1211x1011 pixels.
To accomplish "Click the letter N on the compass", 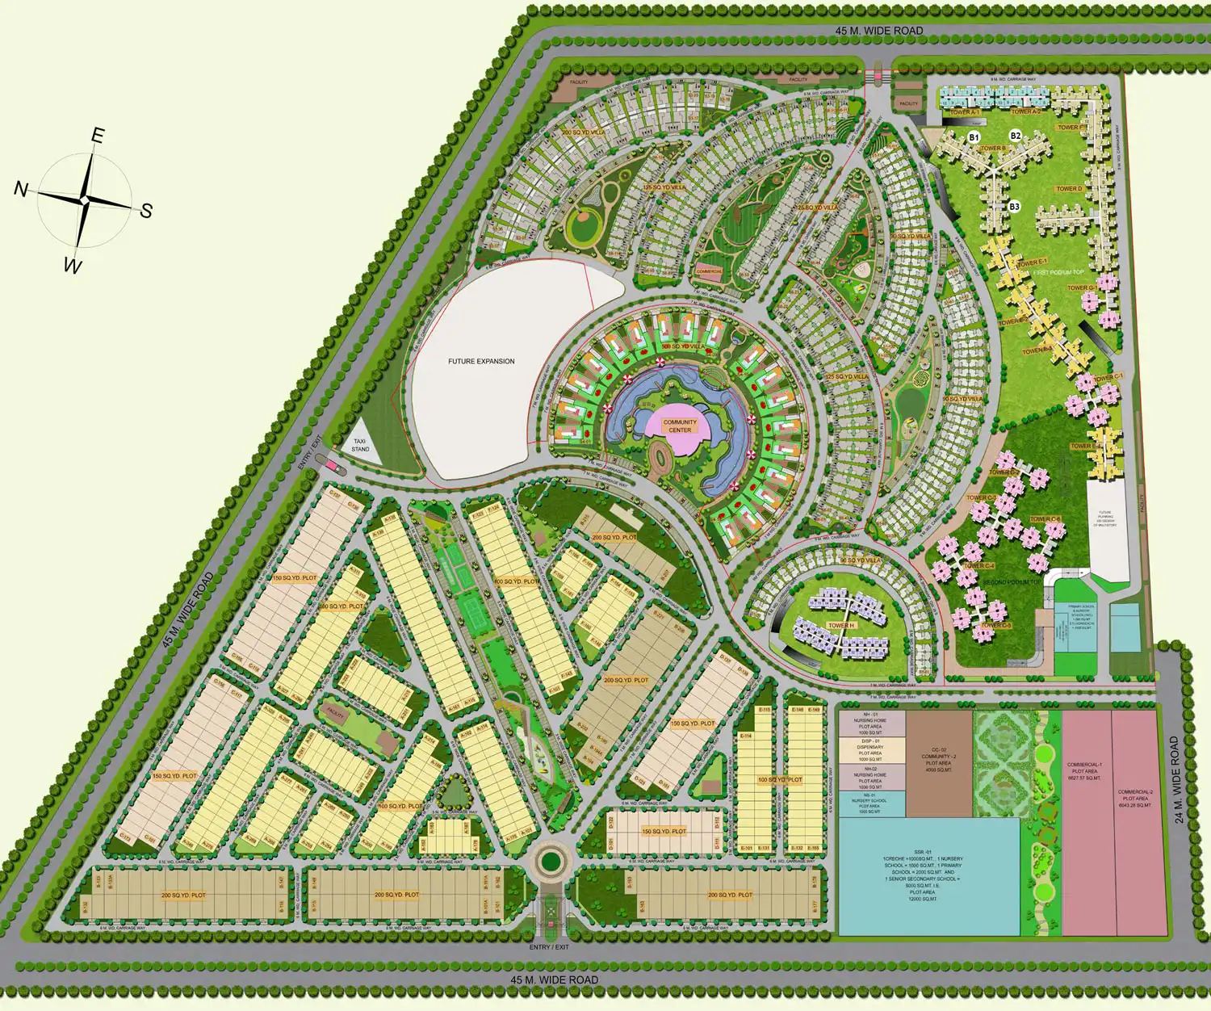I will pos(22,189).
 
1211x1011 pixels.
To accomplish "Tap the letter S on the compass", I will pos(145,211).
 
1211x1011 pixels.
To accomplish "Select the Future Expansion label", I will pos(481,361).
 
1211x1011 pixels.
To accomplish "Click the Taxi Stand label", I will pos(360,445).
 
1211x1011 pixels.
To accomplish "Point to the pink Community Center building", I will pos(680,426).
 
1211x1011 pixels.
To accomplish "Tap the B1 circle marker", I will pos(974,138).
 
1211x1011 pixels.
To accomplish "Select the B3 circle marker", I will pos(1014,207).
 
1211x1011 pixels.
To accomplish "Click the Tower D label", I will pos(1069,189).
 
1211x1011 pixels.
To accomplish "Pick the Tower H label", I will pos(840,626).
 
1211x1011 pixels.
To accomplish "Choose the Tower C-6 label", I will pos(1045,519).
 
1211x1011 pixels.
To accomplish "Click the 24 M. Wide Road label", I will pos(1180,779).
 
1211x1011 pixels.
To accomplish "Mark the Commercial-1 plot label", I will pos(1084,771).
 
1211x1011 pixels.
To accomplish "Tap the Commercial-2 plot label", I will pos(1135,798).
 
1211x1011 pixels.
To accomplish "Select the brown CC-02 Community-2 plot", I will pos(938,761).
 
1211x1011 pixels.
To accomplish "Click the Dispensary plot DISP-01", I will pos(870,749).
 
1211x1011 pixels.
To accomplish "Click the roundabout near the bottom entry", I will pos(551,861).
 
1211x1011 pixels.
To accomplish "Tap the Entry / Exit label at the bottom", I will pos(549,947).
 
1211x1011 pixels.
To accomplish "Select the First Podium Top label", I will pos(1058,273).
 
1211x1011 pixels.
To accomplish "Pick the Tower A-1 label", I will pos(964,112).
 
